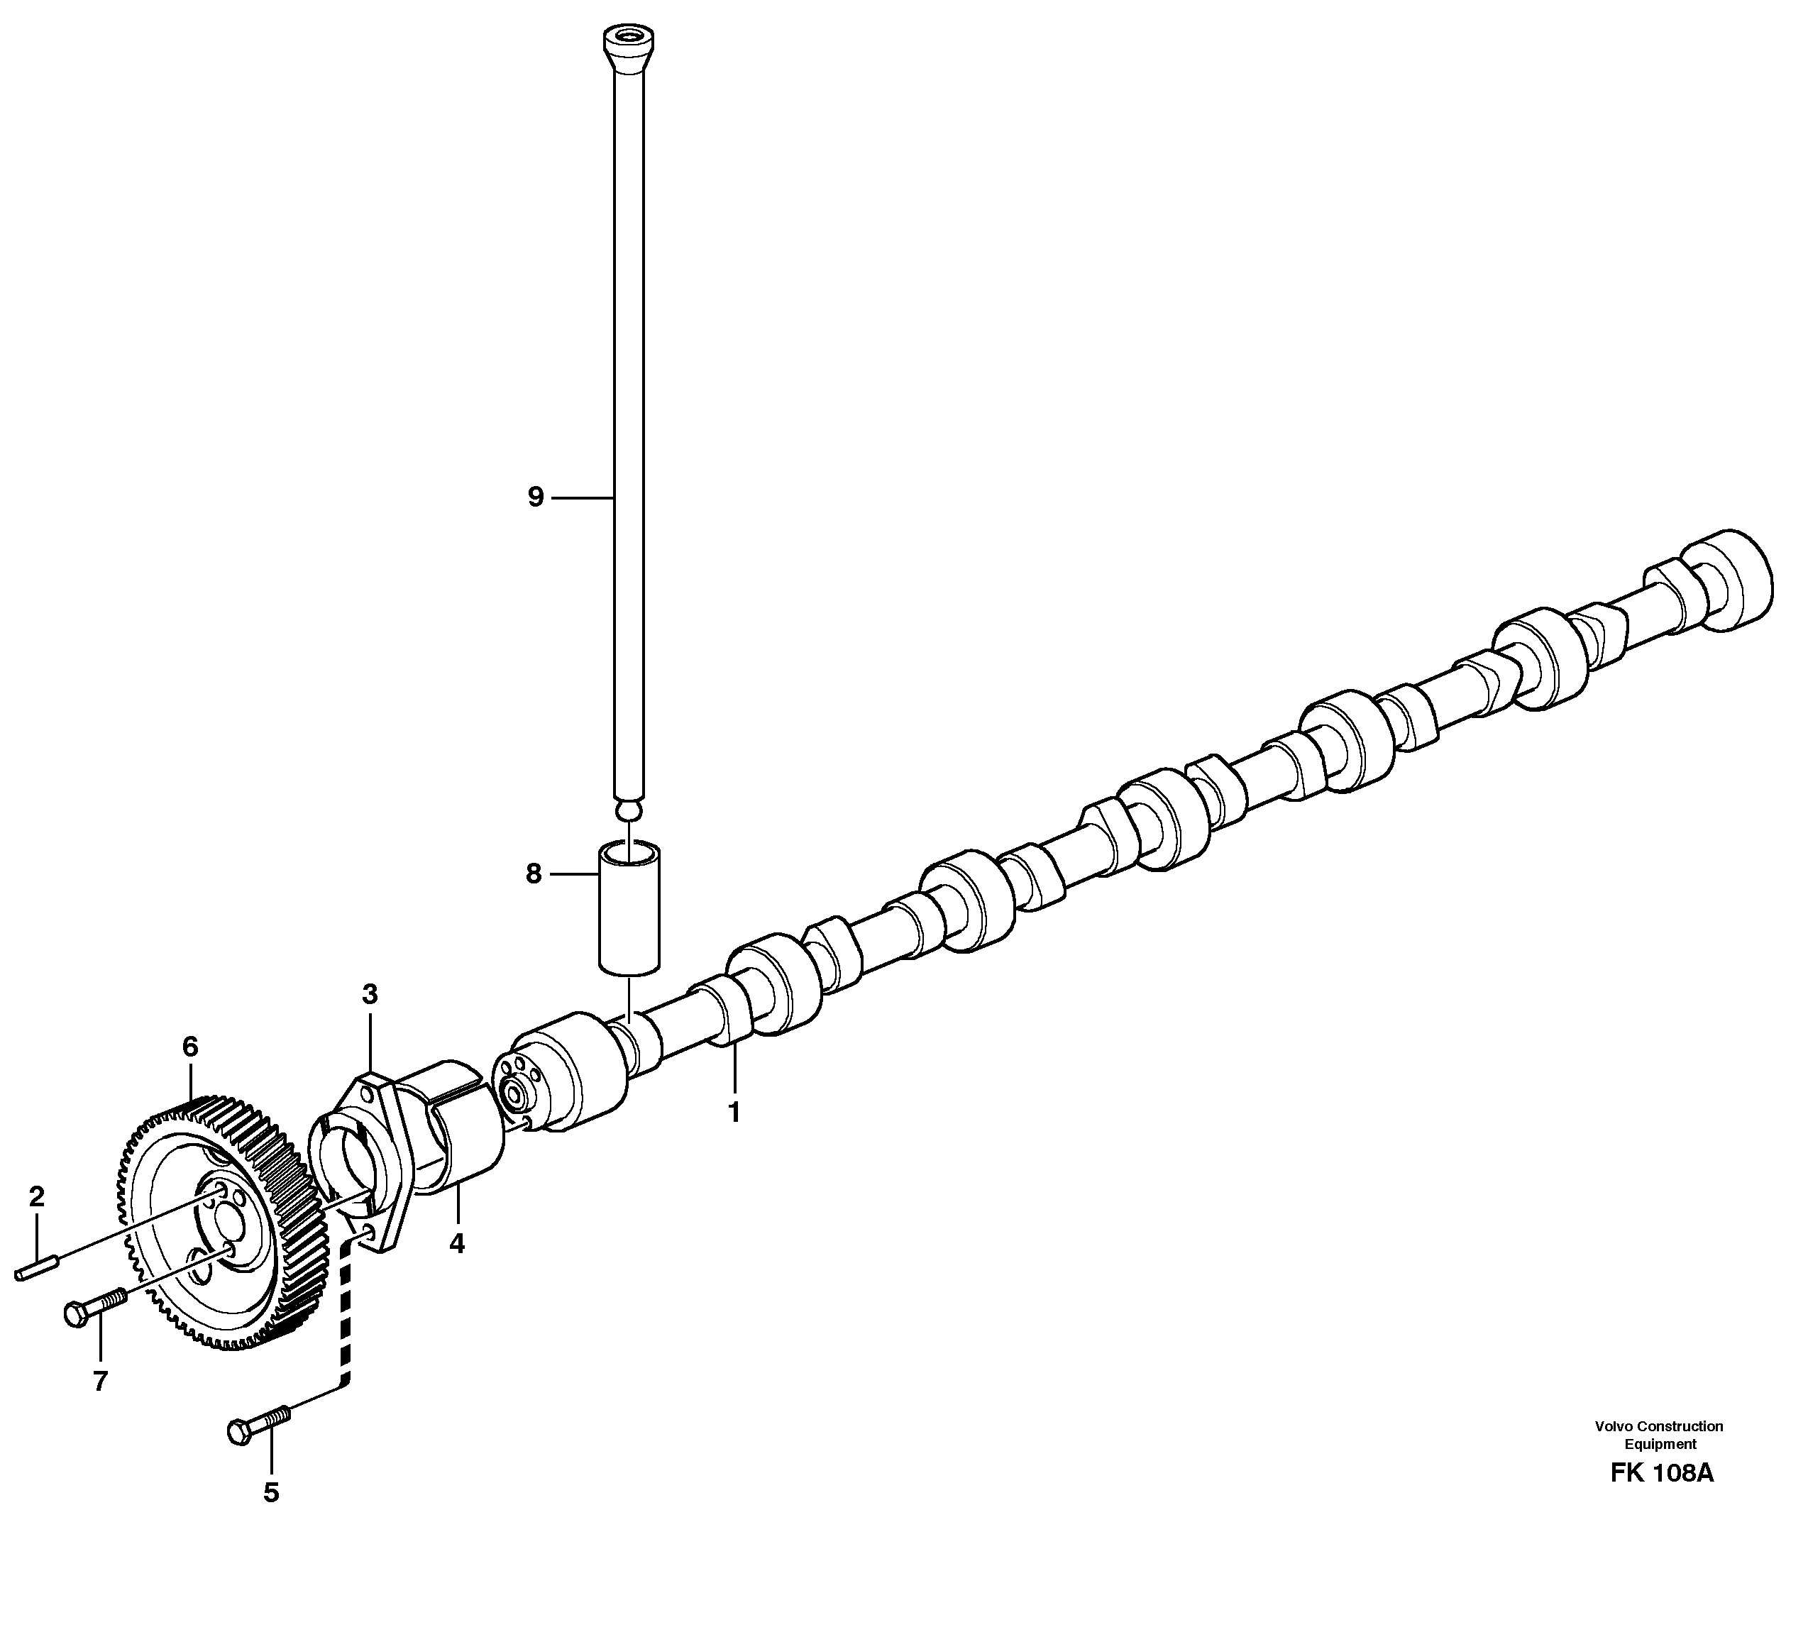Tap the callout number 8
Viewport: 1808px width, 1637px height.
click(534, 873)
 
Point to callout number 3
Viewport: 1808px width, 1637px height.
click(370, 994)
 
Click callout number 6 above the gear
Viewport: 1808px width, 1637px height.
click(189, 1047)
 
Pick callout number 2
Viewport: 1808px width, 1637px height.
click(36, 1196)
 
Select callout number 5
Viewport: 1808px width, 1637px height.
click(271, 1492)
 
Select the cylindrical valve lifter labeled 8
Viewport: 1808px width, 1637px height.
click(629, 906)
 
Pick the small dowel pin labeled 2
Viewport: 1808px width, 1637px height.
click(37, 1268)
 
